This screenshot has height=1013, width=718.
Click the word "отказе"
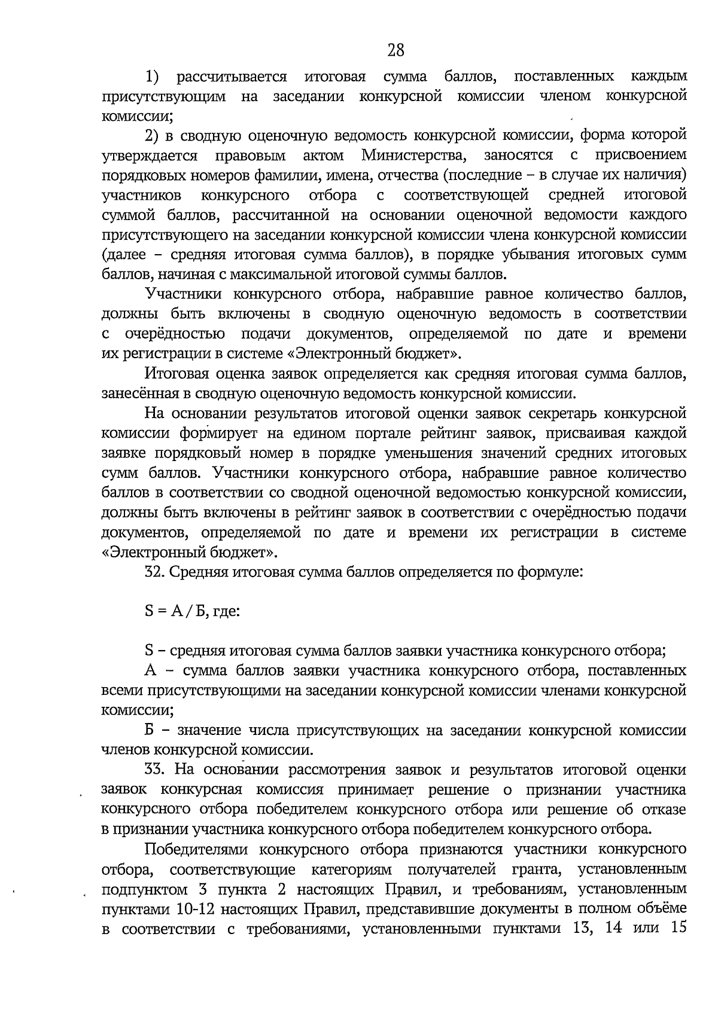point(662,809)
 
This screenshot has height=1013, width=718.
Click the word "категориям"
point(352,869)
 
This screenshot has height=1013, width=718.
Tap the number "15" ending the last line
point(676,929)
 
